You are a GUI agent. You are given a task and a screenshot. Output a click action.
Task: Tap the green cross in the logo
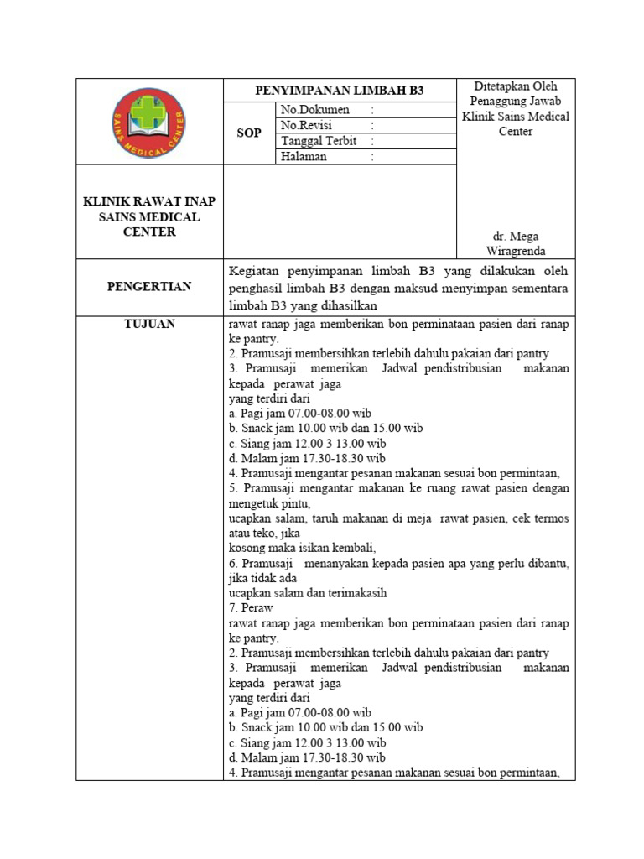coord(149,114)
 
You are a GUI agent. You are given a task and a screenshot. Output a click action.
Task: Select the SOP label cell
coord(249,133)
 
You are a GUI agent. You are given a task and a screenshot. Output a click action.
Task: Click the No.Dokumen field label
coord(314,110)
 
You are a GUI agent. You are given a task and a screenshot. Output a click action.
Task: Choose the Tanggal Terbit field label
coord(319,141)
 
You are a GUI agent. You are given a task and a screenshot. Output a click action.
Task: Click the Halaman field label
coord(304,156)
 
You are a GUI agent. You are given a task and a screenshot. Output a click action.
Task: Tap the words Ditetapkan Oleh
coord(516,86)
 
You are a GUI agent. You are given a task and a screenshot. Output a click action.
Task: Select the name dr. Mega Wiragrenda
coord(516,243)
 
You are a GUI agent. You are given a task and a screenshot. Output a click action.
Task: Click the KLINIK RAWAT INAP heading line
coord(148,202)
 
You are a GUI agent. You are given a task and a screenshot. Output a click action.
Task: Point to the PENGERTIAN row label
coord(149,286)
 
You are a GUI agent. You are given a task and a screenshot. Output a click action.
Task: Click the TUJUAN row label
coord(149,324)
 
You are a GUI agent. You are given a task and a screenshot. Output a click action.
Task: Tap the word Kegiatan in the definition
coord(254,271)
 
